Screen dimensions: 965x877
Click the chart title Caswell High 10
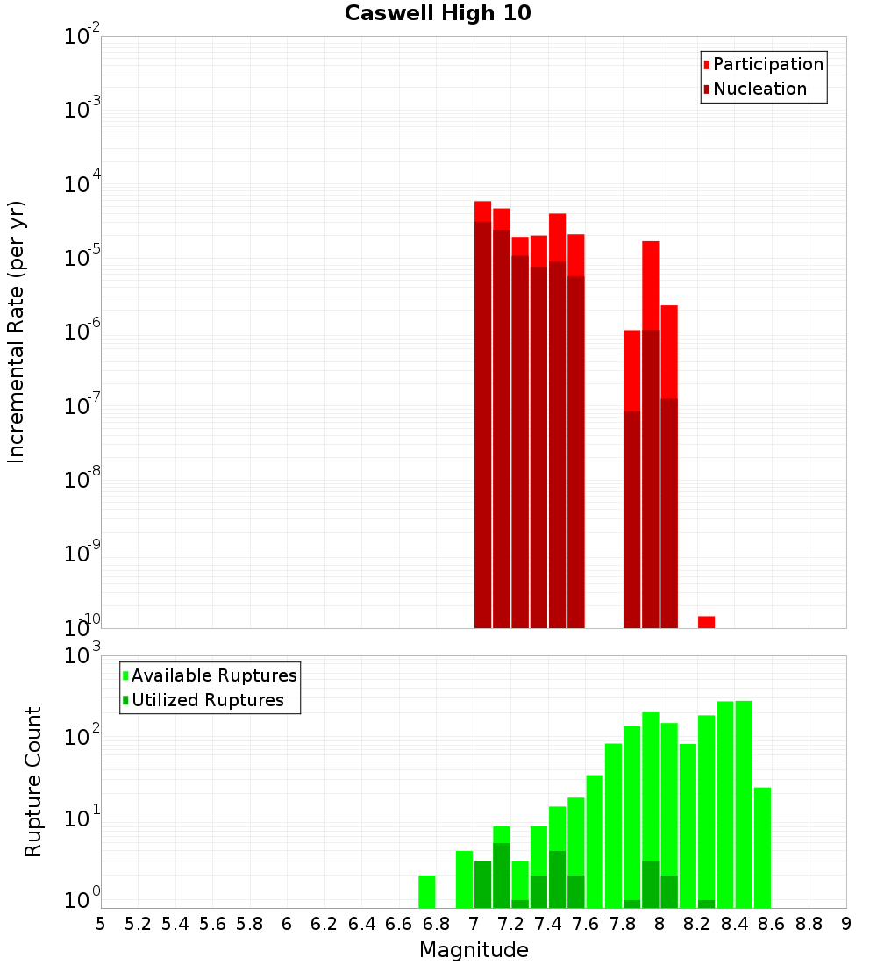438,13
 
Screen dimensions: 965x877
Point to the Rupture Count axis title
32,782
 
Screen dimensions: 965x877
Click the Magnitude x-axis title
474,950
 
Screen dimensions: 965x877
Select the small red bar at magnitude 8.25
706,621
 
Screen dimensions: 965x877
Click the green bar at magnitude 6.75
427,891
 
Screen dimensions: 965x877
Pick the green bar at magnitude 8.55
762,847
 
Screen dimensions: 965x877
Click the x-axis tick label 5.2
138,924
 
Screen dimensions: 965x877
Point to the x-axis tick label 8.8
809,924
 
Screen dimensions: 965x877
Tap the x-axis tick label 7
474,924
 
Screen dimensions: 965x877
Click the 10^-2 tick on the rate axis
82,37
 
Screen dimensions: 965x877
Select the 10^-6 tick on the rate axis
82,332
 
